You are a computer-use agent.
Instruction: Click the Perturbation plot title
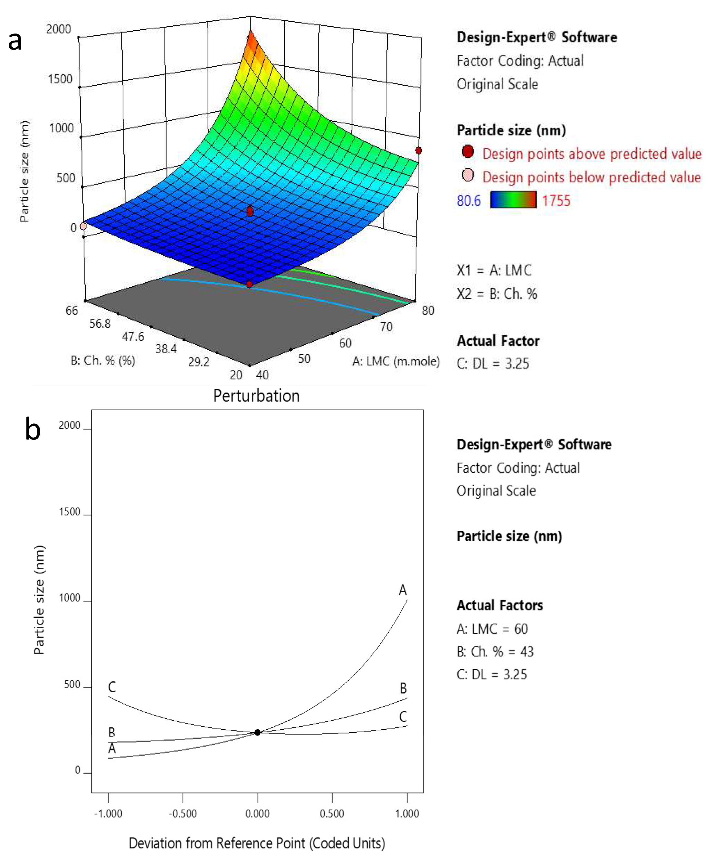pyautogui.click(x=256, y=396)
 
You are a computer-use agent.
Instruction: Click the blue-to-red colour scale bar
pyautogui.click(x=513, y=200)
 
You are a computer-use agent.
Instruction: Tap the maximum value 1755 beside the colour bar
pyautogui.click(x=556, y=201)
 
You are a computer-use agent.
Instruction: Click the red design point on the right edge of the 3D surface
pyautogui.click(x=418, y=150)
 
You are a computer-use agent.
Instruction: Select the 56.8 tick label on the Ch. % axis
pyautogui.click(x=100, y=324)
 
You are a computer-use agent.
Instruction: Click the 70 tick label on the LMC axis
pyautogui.click(x=386, y=327)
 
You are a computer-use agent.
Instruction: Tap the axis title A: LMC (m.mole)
pyautogui.click(x=396, y=361)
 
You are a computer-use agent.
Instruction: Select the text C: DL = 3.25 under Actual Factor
pyautogui.click(x=493, y=363)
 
